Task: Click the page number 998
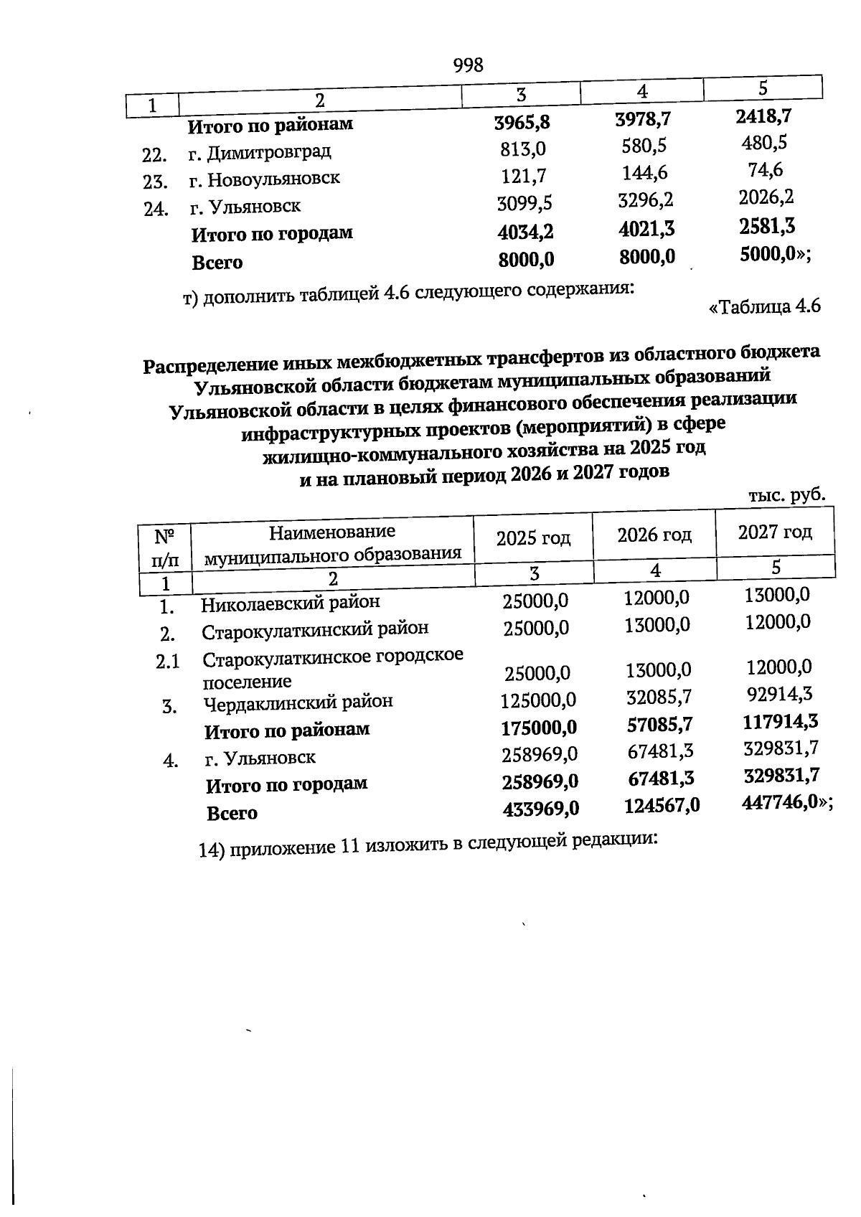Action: click(469, 66)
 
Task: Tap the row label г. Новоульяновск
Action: click(264, 178)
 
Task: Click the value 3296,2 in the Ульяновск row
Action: click(645, 199)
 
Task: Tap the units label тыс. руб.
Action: click(786, 495)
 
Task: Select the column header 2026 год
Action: click(654, 535)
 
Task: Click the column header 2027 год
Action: click(775, 532)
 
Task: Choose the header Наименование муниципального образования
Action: click(332, 543)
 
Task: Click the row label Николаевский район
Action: click(290, 603)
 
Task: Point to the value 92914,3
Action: click(779, 694)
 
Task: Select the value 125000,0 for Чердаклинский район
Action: click(538, 700)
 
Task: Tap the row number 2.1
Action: click(168, 661)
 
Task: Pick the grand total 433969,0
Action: click(540, 809)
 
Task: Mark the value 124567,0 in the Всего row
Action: click(662, 806)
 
